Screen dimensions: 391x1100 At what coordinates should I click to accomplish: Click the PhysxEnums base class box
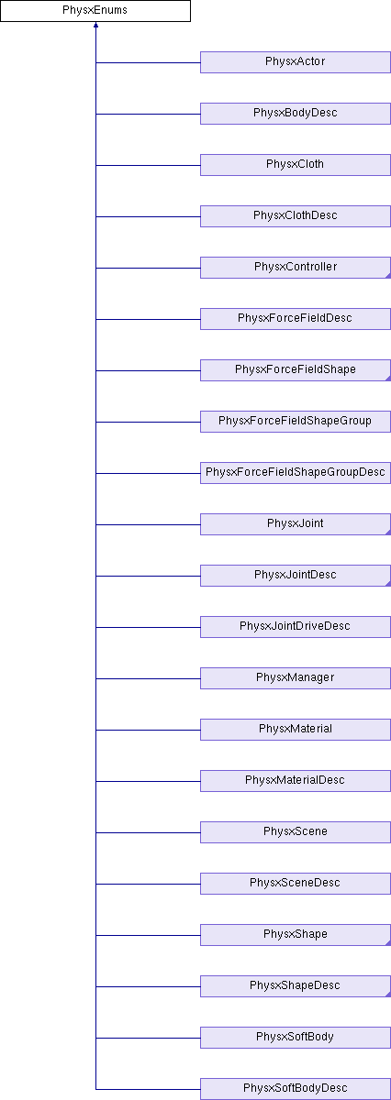[x=95, y=11]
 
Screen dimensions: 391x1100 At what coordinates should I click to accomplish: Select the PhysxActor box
[x=296, y=62]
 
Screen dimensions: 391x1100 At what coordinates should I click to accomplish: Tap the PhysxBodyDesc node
[x=296, y=114]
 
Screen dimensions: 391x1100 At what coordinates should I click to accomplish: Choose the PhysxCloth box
[x=296, y=165]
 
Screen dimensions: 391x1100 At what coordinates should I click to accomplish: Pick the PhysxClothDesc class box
[x=296, y=216]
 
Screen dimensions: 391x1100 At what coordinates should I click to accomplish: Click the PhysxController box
[x=296, y=268]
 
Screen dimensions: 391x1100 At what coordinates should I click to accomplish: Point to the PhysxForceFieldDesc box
[x=296, y=319]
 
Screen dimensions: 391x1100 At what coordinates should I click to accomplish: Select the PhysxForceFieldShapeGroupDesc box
[x=296, y=473]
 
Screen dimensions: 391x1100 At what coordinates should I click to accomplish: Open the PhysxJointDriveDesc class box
[x=296, y=627]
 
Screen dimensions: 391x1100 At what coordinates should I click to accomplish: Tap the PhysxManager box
[x=296, y=678]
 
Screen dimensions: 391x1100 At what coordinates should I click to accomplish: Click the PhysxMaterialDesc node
[x=296, y=781]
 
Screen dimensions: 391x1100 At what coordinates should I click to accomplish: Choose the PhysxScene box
[x=296, y=832]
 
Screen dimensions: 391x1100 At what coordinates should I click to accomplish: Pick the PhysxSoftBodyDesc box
[x=296, y=1089]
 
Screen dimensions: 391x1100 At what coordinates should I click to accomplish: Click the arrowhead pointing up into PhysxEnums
[x=95, y=25]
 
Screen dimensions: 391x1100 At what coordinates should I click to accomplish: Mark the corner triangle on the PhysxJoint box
[x=388, y=533]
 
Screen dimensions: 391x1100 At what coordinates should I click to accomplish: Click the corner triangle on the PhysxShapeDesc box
[x=388, y=995]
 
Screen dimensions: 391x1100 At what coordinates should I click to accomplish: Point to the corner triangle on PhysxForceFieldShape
[x=388, y=379]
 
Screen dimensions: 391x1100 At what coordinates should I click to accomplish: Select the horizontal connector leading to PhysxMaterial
[x=148, y=730]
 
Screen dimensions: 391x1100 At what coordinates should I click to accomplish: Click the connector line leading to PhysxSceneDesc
[x=148, y=884]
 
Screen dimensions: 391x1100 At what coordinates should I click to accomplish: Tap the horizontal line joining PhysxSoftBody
[x=148, y=1038]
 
